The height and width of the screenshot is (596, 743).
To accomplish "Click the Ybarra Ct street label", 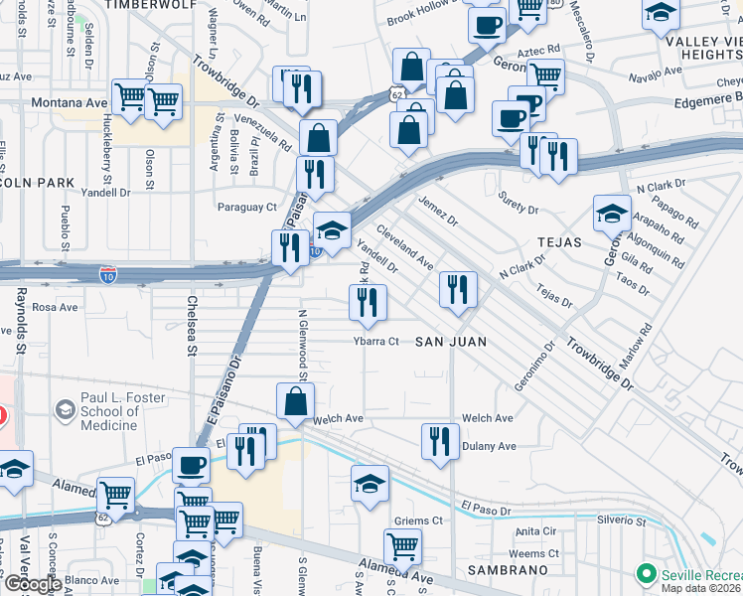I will point(375,342).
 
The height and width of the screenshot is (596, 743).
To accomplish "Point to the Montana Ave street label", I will point(70,102).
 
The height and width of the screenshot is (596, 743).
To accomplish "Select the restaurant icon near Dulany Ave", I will point(439,441).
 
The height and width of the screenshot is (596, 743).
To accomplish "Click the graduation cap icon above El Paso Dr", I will point(370,484).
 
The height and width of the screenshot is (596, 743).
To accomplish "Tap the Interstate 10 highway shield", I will point(107,273).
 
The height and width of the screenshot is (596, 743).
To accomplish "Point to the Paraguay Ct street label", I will point(247,207).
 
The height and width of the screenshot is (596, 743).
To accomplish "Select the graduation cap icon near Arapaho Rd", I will point(612,212).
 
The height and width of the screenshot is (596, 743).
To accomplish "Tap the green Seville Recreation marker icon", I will point(647,574).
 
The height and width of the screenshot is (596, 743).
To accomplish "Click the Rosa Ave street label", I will point(56,308).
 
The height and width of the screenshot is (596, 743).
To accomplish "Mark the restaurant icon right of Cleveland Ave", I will point(459,289).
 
